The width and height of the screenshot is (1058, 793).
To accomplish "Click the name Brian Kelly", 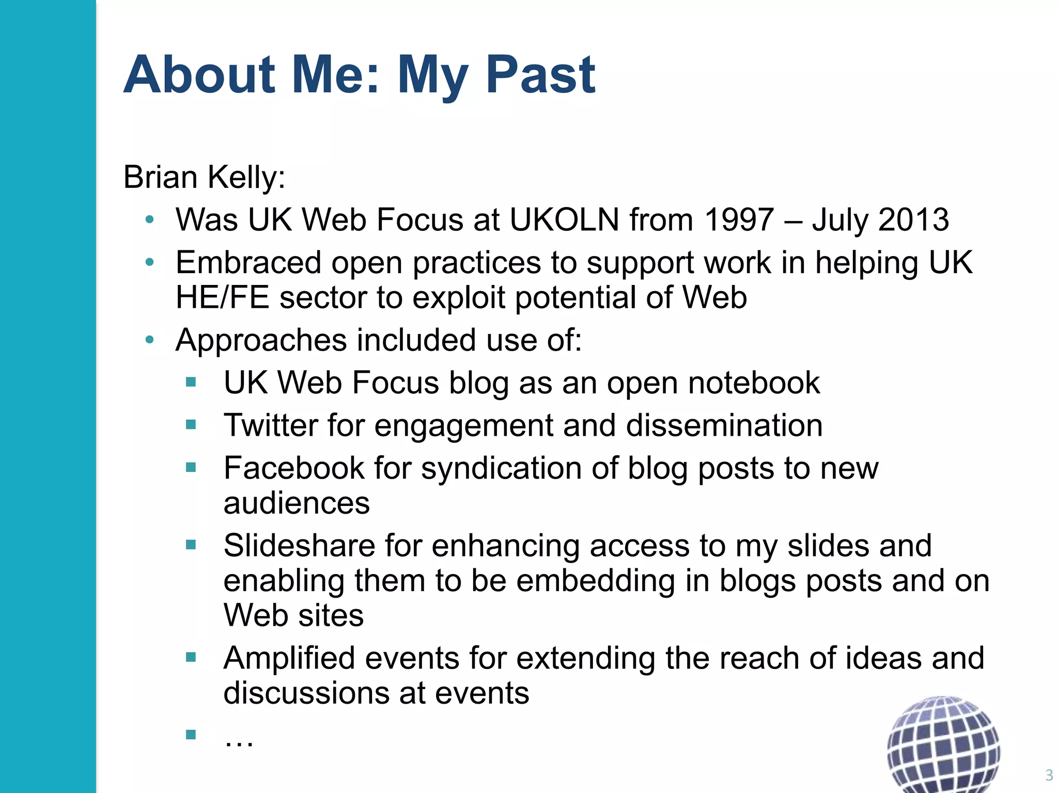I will coord(204,178).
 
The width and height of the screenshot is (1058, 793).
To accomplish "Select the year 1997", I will coord(739,220).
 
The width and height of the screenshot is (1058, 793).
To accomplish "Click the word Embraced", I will coord(248,263).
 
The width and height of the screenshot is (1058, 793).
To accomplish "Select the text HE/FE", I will coord(222,298).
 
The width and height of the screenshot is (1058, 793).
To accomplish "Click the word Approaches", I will coord(261,341).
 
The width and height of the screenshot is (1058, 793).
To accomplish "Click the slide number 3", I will coord(1049,775).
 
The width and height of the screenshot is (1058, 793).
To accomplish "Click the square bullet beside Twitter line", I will coord(191,425).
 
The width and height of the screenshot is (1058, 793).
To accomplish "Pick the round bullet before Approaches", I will coord(150,340).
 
